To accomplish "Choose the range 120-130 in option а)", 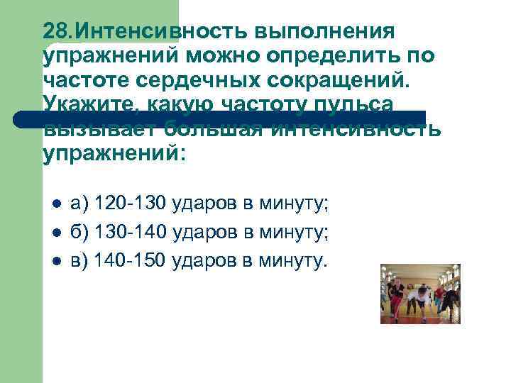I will (130, 206).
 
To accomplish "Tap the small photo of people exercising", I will (420, 294).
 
